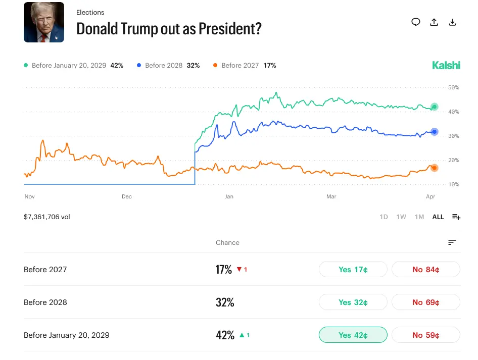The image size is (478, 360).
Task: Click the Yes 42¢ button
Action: tap(353, 335)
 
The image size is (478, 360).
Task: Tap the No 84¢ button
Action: tap(425, 270)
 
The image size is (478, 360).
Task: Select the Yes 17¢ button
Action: tap(353, 270)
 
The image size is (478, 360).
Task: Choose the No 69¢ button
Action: tap(425, 302)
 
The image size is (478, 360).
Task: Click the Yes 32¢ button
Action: tap(353, 302)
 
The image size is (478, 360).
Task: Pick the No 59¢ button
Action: tap(425, 335)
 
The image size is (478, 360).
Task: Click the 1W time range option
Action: tap(401, 217)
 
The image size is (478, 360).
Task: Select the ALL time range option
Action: tap(438, 217)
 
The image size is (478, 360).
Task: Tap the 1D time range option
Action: tap(384, 217)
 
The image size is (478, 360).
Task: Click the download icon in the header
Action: tap(453, 22)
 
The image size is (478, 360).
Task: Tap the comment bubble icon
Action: tap(416, 22)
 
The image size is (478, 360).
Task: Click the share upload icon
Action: tap(434, 22)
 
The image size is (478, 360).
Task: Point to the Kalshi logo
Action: tap(446, 65)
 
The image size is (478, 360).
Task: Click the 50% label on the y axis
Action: tap(453, 87)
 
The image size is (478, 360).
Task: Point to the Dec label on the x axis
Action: tap(127, 196)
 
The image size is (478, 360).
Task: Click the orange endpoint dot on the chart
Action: tap(434, 168)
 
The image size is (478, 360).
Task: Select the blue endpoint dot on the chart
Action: tap(434, 132)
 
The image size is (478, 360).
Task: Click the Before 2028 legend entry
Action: tap(168, 66)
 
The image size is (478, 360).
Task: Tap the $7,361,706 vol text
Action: tap(47, 217)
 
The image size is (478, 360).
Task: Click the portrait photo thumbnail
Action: tap(44, 22)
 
